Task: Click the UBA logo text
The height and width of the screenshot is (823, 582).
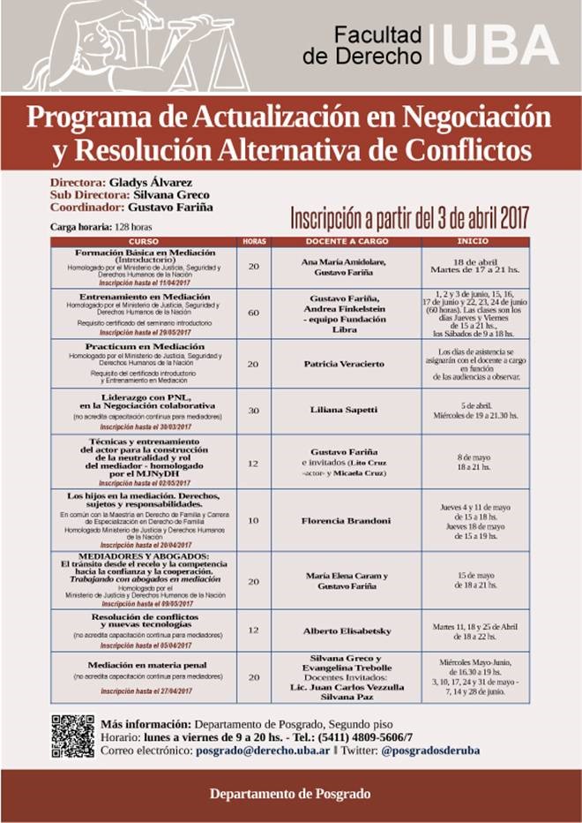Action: coord(500,45)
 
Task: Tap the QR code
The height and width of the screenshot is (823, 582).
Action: coord(72,736)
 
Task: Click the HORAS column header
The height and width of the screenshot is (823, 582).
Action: coord(254,241)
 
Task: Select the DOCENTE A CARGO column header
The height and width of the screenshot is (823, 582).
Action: coord(346,241)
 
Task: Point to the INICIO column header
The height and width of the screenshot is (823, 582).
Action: coord(475,241)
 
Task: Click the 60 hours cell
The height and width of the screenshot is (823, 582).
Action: coord(254,313)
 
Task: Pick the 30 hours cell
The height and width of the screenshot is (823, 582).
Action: coord(254,411)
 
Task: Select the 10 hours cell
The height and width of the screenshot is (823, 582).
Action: coord(254,520)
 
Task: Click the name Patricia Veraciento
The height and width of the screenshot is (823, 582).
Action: coord(346,364)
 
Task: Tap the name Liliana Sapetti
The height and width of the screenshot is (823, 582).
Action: coord(346,411)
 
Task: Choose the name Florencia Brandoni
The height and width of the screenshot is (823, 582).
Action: coord(346,521)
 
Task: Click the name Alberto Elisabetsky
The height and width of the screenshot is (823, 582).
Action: coord(346,630)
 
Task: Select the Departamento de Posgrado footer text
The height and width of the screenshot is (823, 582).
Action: coord(290,793)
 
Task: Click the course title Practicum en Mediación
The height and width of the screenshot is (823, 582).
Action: coord(145,347)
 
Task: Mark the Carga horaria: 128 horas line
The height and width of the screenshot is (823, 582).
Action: coord(101,227)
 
